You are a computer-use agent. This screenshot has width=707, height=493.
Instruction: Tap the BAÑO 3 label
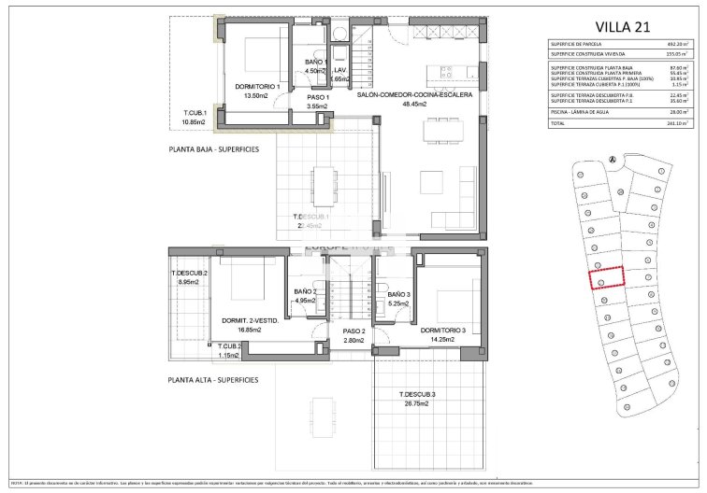click(x=399, y=294)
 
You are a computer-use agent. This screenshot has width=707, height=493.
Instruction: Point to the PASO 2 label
click(x=353, y=331)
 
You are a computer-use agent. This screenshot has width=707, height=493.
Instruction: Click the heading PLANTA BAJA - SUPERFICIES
click(x=213, y=148)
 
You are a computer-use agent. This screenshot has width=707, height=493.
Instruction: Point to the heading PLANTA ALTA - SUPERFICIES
click(x=213, y=380)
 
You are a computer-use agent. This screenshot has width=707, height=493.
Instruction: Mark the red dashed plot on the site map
click(x=602, y=277)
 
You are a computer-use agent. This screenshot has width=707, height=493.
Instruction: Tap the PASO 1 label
click(x=319, y=96)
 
